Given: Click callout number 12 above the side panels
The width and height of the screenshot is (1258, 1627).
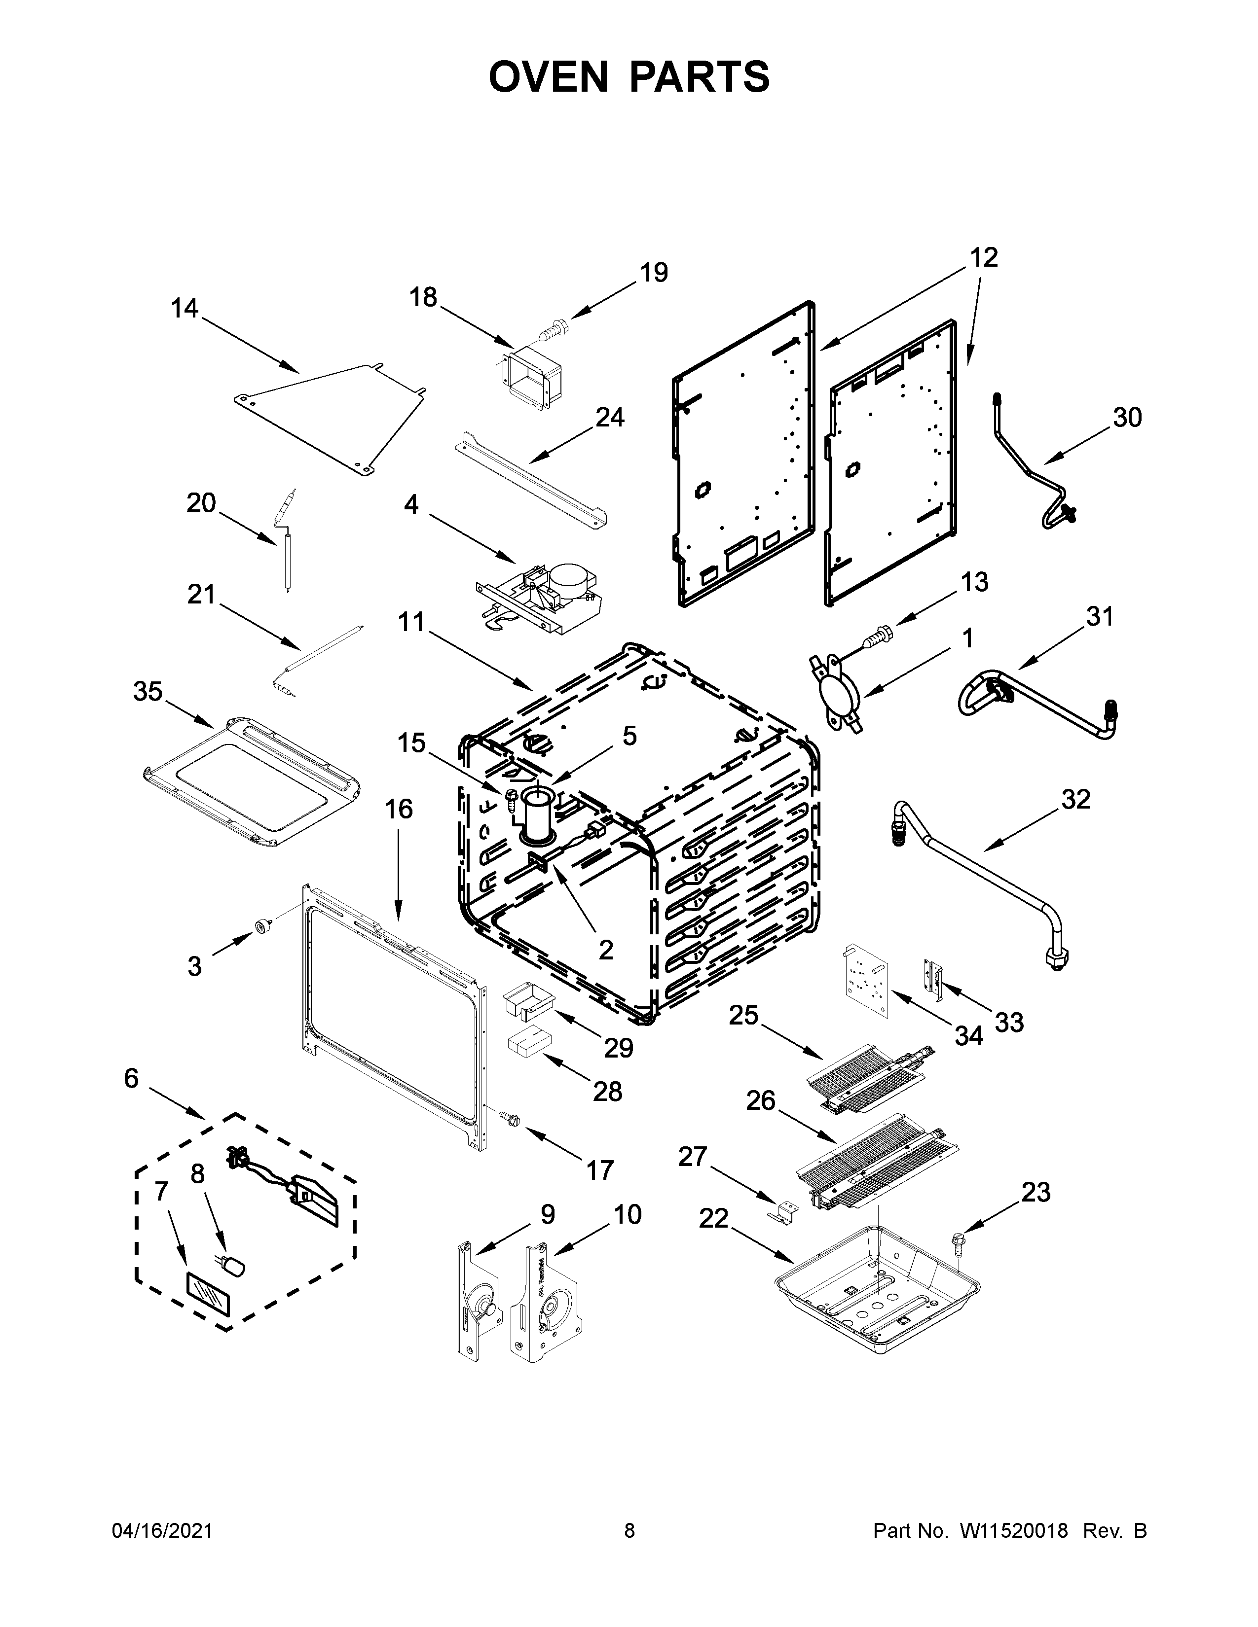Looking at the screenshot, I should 984,258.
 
